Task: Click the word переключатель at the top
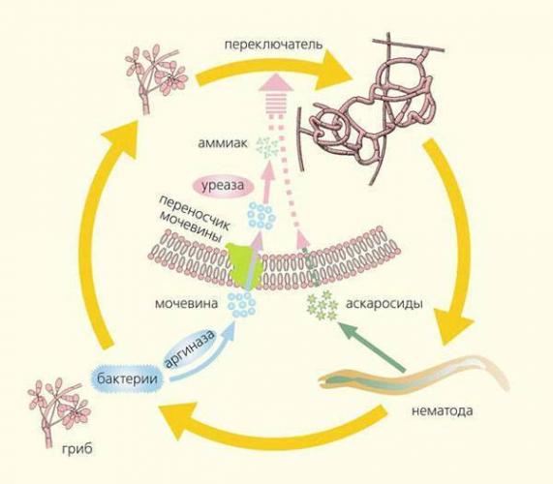273,45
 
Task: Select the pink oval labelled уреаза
223,186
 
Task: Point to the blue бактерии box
127,379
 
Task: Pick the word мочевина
187,304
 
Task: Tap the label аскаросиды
384,304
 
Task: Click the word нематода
442,411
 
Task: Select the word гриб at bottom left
77,450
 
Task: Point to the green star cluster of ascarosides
322,305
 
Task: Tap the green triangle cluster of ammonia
267,146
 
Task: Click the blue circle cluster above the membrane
261,216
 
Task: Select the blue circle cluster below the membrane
241,304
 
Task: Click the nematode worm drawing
412,377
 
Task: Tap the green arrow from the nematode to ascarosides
372,348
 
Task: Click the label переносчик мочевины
193,219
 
